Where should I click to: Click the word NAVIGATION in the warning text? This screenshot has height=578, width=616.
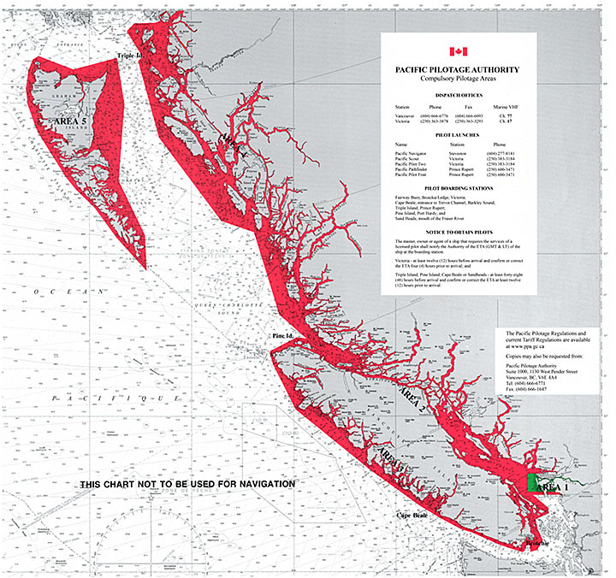click(261, 484)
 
